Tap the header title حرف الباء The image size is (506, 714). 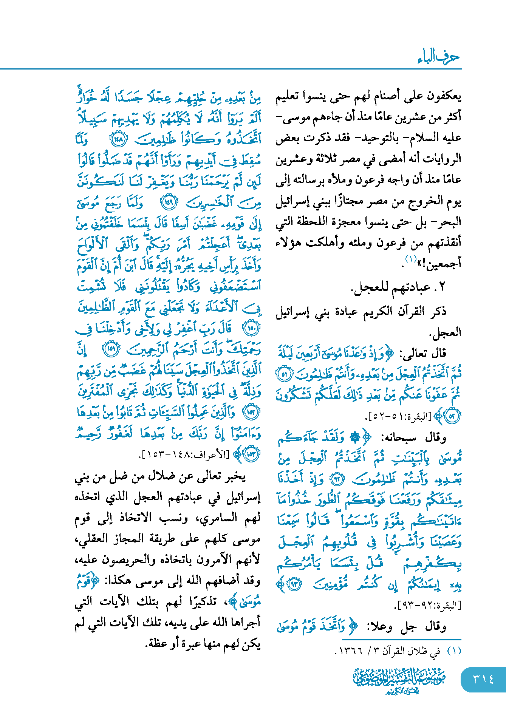pos(438,57)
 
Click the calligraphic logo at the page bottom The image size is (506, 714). pos(399,680)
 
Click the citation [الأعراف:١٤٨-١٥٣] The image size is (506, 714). pos(184,454)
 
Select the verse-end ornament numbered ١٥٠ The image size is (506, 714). pos(251,328)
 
